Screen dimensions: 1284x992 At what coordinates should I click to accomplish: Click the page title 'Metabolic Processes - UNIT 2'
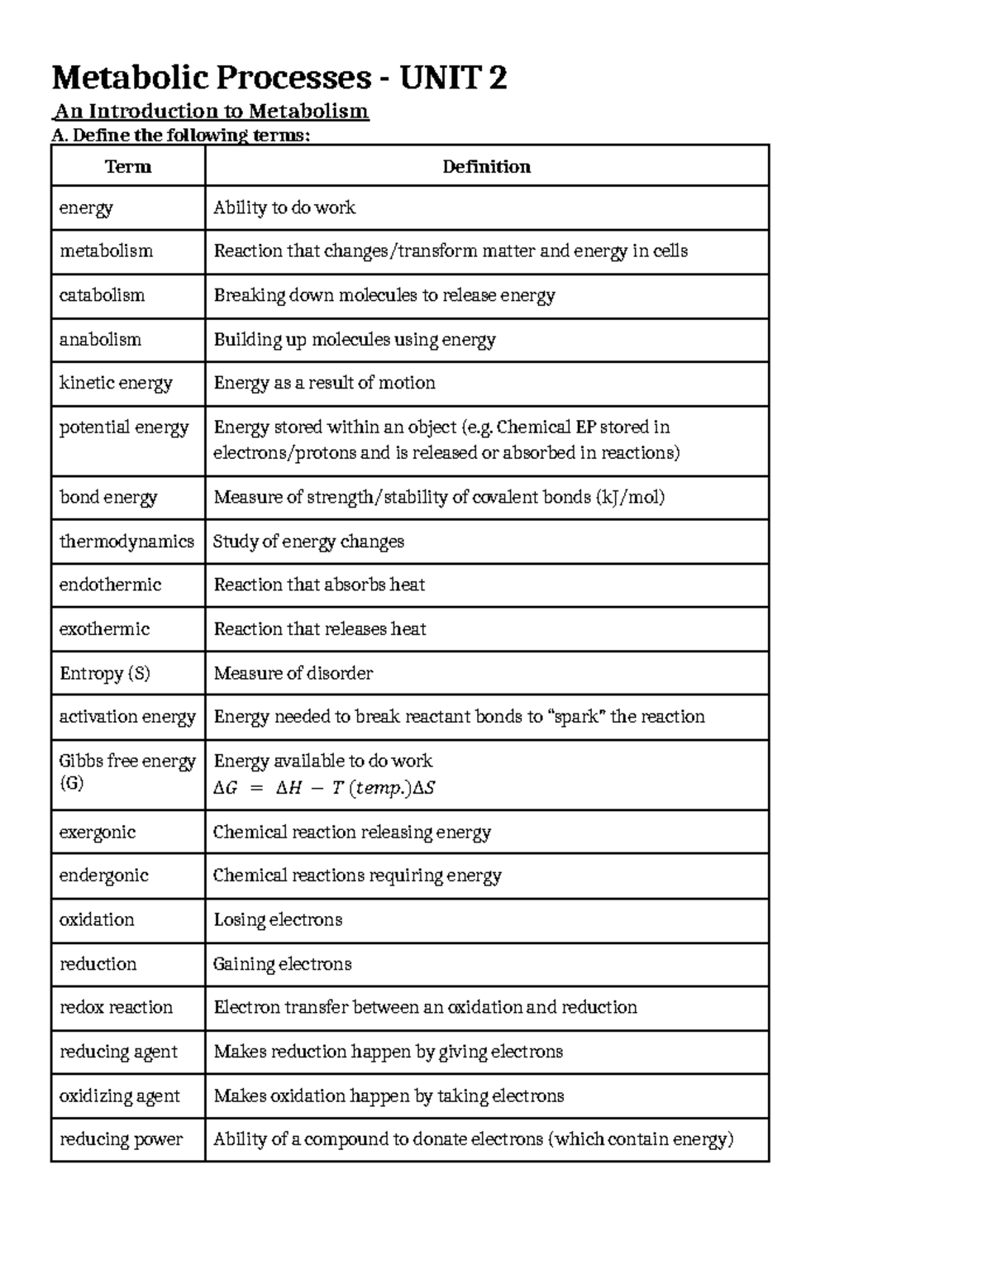point(279,79)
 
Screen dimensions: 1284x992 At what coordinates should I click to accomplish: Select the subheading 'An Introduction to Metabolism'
point(211,111)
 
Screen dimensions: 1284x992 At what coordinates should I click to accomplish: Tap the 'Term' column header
point(128,167)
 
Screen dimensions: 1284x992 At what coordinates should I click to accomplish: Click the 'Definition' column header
point(486,167)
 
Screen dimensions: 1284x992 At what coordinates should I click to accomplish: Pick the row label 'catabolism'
point(102,295)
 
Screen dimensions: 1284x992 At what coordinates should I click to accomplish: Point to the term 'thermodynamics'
point(126,542)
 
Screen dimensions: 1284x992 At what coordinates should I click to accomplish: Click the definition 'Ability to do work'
point(284,208)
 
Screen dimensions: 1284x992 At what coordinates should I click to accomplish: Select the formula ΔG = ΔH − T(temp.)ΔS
point(324,788)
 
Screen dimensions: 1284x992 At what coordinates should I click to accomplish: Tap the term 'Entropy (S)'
point(105,673)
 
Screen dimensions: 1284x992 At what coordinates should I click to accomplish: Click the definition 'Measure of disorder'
point(293,673)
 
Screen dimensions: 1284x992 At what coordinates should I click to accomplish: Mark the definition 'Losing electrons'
point(278,919)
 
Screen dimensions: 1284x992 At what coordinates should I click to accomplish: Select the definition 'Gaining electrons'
point(282,964)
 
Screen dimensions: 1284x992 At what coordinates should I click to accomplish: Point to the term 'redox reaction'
point(116,1007)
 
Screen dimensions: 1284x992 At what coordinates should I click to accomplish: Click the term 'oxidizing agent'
point(119,1096)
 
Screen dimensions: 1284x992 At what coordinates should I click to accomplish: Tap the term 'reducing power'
point(121,1139)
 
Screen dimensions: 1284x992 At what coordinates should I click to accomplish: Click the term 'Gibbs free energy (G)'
point(126,771)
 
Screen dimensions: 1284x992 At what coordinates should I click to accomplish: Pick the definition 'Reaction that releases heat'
point(320,629)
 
